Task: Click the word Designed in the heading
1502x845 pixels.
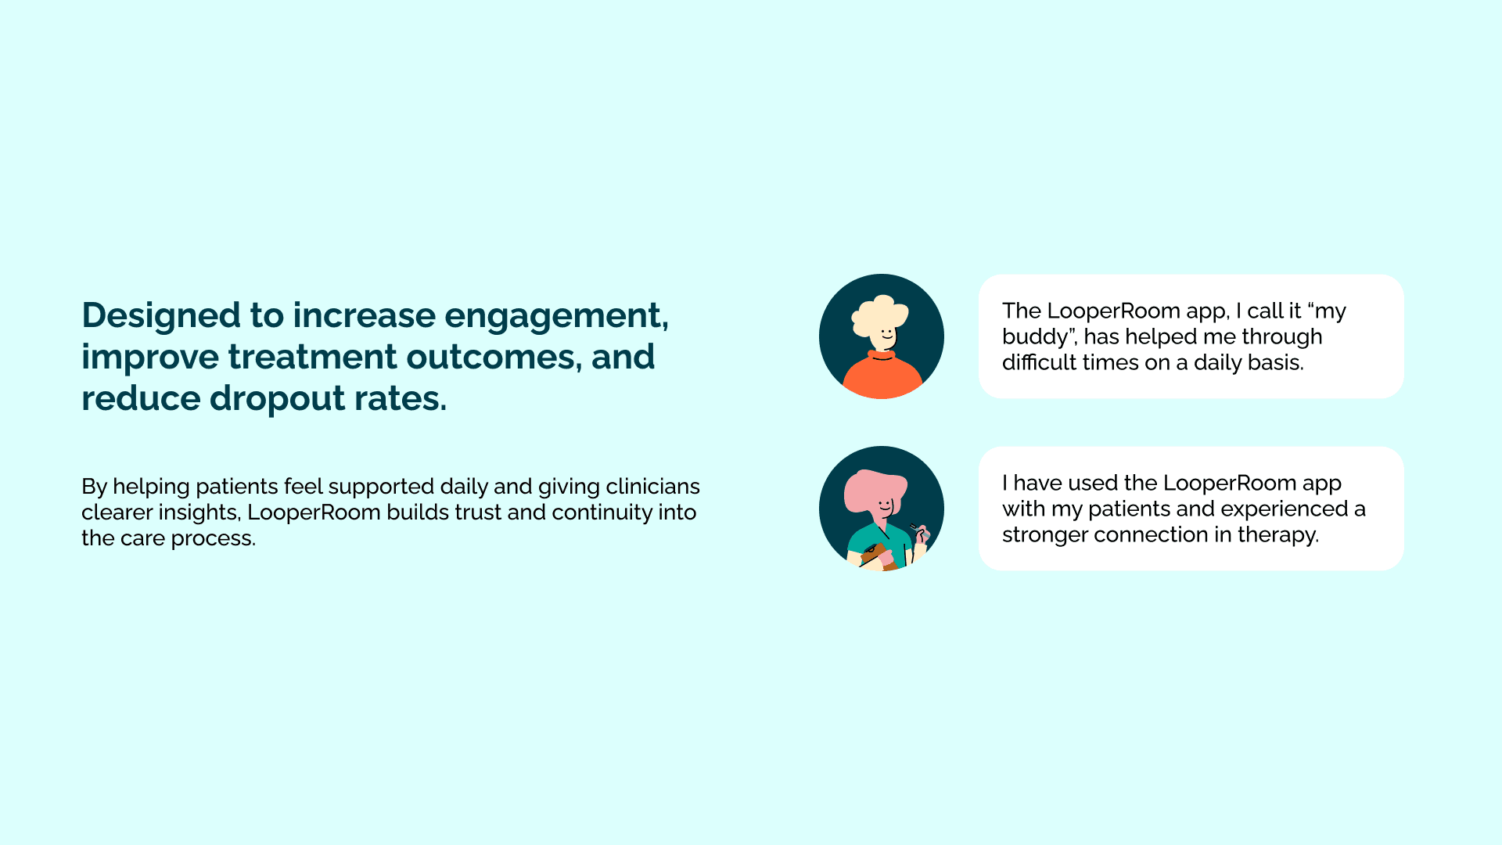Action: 161,315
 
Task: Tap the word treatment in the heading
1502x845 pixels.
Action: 312,358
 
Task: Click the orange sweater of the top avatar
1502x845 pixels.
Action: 882,377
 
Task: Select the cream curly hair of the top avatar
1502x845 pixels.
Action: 879,316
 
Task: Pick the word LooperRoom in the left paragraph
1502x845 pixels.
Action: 314,513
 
